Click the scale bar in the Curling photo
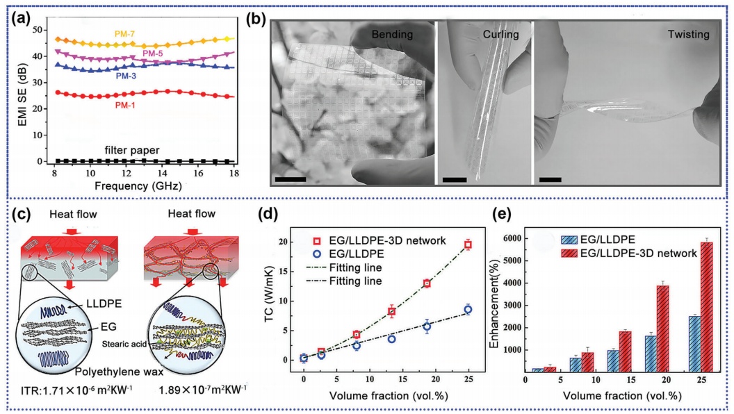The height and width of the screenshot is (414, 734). [x=454, y=181]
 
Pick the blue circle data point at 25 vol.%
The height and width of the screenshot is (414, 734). [x=468, y=309]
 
